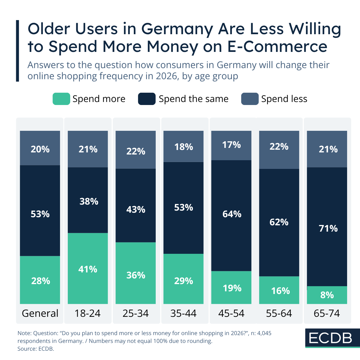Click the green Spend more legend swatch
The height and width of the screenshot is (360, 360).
[x=61, y=99]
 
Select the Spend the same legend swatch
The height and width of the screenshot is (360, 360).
[x=147, y=99]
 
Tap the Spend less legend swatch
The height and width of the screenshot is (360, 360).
[x=250, y=99]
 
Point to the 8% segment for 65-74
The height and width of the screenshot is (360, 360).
[x=327, y=295]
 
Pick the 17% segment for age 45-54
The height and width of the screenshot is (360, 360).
[x=231, y=145]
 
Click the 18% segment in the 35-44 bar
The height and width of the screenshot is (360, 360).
[x=183, y=146]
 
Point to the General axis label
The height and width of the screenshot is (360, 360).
[x=40, y=313]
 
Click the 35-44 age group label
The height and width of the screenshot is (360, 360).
[x=183, y=313]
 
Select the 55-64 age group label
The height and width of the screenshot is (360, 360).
[x=279, y=313]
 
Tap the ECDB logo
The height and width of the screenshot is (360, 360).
[x=330, y=338]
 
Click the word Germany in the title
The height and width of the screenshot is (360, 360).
[x=177, y=29]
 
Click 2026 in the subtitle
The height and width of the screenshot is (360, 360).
[x=166, y=76]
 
